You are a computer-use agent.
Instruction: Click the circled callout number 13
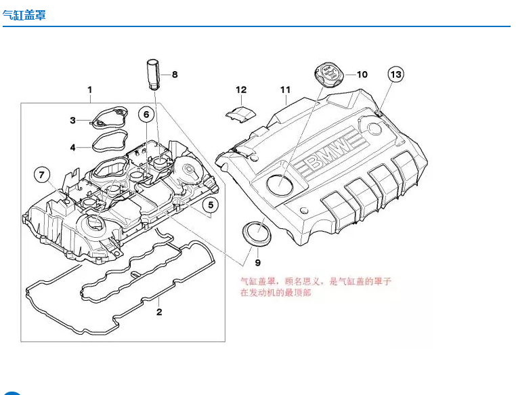tap(395, 74)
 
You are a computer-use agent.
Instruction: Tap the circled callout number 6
tap(146, 115)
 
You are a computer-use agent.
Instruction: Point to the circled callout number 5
tap(211, 204)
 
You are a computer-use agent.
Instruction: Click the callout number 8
tap(174, 75)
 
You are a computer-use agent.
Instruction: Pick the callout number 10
tap(362, 74)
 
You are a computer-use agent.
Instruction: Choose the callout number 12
tap(241, 89)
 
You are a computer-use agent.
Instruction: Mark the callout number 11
tap(285, 89)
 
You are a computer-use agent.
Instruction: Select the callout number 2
tap(159, 312)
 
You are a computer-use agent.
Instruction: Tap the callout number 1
tap(89, 89)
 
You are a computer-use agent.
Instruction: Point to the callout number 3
tap(73, 121)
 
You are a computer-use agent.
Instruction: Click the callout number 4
tap(73, 146)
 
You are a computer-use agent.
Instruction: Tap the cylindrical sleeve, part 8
tap(152, 74)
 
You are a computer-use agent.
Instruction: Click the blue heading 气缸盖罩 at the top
tap(24, 15)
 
